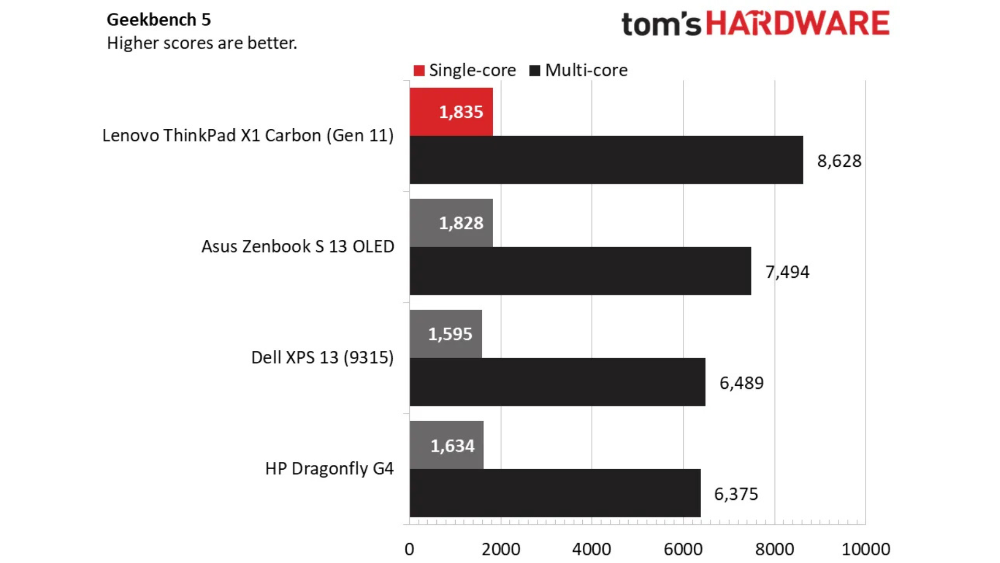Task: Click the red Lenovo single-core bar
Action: tap(451, 112)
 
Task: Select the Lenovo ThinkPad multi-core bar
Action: tap(606, 160)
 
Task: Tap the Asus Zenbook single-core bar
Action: tap(451, 223)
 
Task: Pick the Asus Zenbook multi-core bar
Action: tap(580, 271)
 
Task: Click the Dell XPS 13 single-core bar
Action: tap(445, 334)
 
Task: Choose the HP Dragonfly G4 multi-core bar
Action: tap(555, 493)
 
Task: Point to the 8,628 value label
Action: tap(839, 161)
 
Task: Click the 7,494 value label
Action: tap(787, 272)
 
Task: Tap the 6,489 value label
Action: tap(741, 383)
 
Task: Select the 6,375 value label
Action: tap(736, 494)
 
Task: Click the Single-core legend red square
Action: tap(419, 70)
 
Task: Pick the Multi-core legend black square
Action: tap(534, 70)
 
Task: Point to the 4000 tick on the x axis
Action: tap(592, 549)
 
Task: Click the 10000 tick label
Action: tap(866, 549)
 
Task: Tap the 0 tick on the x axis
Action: tap(409, 549)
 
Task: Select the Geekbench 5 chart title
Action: tap(159, 20)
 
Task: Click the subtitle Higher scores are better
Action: tap(202, 43)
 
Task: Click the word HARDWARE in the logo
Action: tap(797, 24)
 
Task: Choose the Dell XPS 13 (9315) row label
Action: tap(322, 358)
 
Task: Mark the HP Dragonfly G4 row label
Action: tap(329, 469)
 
